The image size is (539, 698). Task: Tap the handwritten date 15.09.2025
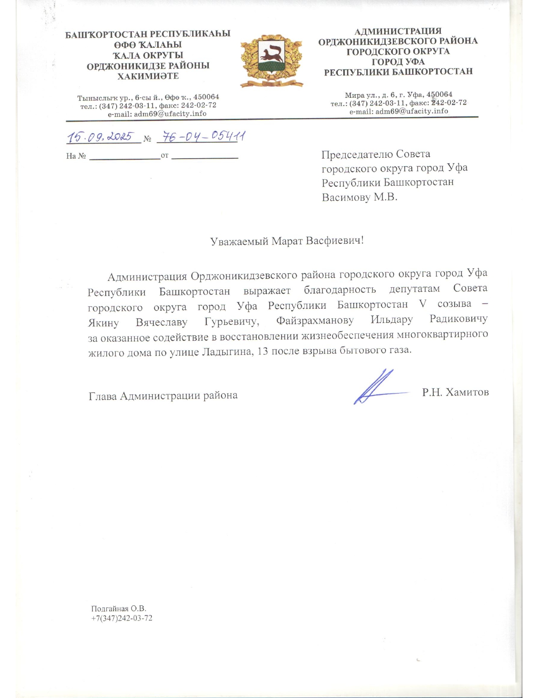pyautogui.click(x=100, y=137)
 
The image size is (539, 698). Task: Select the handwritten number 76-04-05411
pyautogui.click(x=200, y=137)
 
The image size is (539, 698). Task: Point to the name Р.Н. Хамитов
pyautogui.click(x=455, y=393)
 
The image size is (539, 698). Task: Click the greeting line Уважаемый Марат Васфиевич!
pyautogui.click(x=287, y=241)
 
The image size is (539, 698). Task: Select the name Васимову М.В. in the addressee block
pyautogui.click(x=359, y=197)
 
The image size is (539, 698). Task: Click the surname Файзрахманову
pyautogui.click(x=315, y=321)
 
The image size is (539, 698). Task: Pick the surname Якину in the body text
pyautogui.click(x=103, y=323)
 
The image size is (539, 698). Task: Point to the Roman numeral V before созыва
pyautogui.click(x=422, y=304)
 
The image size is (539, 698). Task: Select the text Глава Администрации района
pyautogui.click(x=163, y=396)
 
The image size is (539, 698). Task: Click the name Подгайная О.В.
pyautogui.click(x=119, y=609)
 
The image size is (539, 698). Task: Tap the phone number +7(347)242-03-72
pyautogui.click(x=122, y=618)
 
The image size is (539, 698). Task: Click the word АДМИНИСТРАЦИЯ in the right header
pyautogui.click(x=398, y=31)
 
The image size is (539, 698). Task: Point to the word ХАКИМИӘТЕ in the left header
pyautogui.click(x=148, y=77)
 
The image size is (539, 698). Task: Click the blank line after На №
pyautogui.click(x=125, y=157)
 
